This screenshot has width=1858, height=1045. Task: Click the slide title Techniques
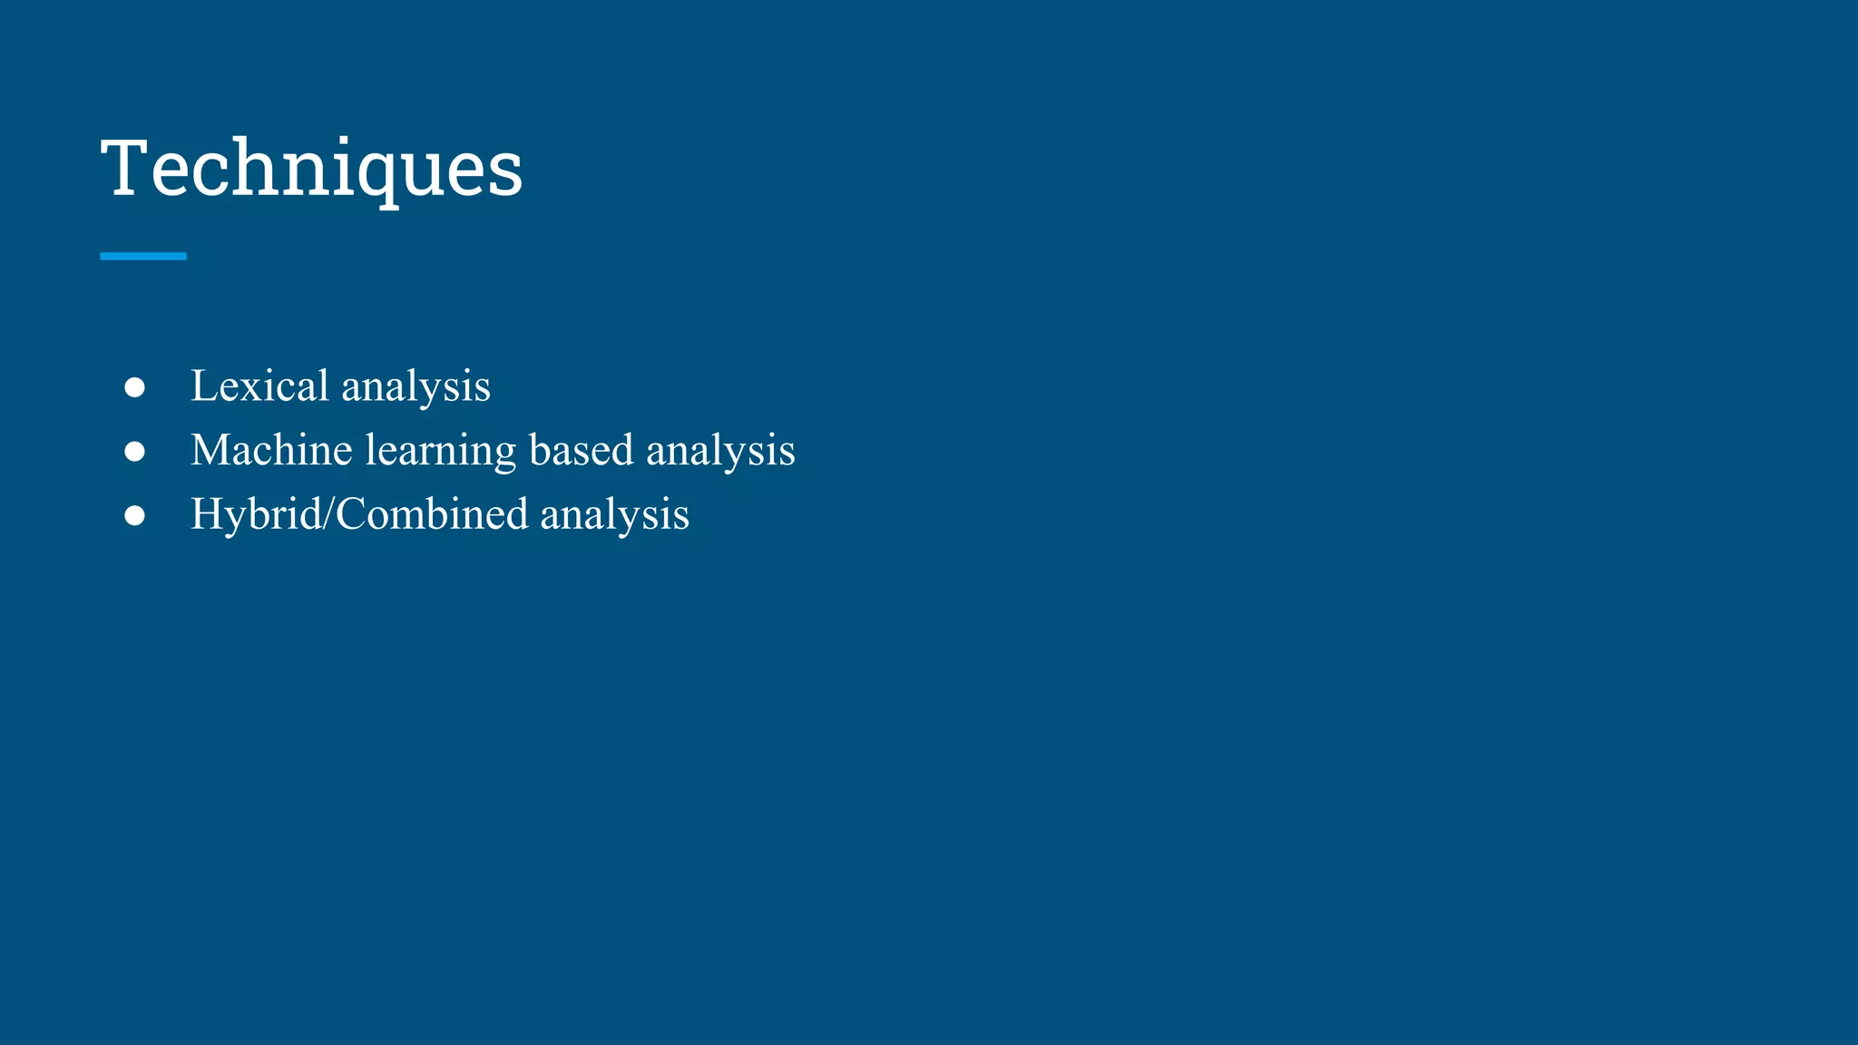tap(311, 169)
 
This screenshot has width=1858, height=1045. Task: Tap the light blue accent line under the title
tap(142, 257)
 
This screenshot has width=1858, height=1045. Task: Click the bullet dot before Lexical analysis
tap(134, 387)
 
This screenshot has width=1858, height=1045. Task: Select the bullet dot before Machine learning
tap(134, 451)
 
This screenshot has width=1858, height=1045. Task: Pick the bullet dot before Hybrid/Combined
tap(134, 515)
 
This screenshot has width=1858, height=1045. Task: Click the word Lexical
tap(259, 386)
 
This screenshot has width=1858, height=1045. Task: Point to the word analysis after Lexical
tap(416, 387)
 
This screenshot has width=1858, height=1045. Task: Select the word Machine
tap(271, 450)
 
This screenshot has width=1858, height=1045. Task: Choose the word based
tap(581, 450)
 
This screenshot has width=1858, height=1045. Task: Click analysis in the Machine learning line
tap(720, 452)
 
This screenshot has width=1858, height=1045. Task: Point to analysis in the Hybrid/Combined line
tap(614, 516)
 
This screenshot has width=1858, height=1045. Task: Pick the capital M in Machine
tap(210, 450)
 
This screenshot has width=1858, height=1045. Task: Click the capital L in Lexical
tap(204, 386)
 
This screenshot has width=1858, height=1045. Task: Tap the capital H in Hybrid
tap(207, 514)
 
